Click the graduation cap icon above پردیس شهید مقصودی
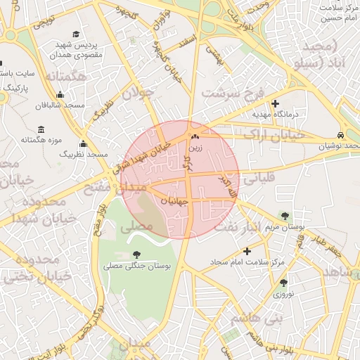(x=76, y=34)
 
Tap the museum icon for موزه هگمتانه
(x=41, y=129)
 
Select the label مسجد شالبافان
(x=60, y=105)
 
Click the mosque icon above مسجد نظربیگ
(x=84, y=143)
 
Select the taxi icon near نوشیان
(x=340, y=135)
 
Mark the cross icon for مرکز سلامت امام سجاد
(x=246, y=251)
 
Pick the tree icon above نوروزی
(x=283, y=283)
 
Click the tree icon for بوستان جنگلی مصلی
(x=136, y=255)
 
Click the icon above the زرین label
(x=195, y=136)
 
